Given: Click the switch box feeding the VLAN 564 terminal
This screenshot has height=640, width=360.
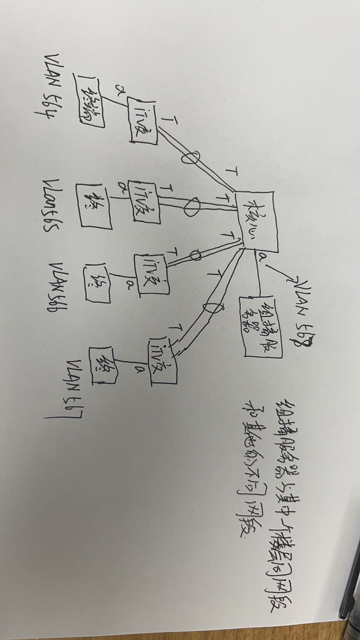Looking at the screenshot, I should (x=144, y=122).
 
